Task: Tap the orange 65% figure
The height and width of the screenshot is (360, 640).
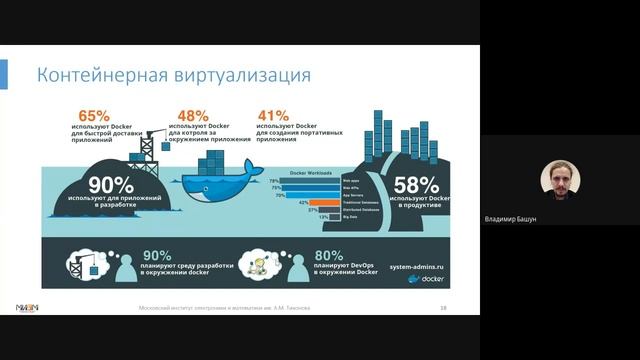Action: tap(89, 115)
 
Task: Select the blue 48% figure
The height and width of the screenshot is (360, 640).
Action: tap(192, 115)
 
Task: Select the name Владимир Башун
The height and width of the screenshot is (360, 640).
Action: tap(510, 219)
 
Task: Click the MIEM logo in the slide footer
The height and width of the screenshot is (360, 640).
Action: tap(29, 308)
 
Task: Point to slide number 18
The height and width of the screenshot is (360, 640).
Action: tap(442, 308)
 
